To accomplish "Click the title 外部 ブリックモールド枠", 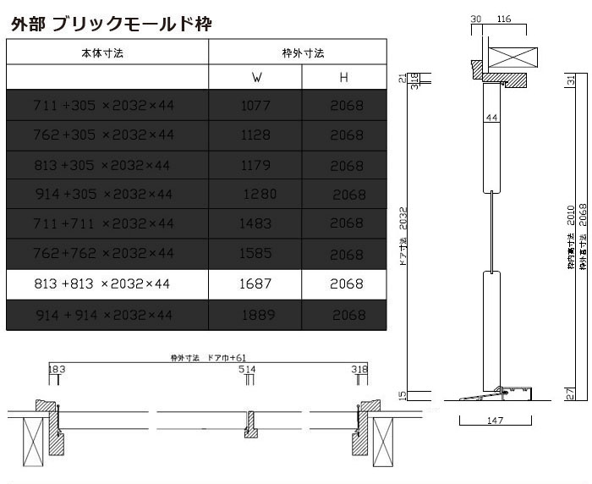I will click(111, 24).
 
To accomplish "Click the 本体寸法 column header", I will click(107, 52).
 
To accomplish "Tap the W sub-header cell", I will click(256, 78).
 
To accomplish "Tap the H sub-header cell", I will click(344, 78).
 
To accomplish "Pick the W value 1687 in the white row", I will click(256, 283).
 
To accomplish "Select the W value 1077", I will click(256, 106).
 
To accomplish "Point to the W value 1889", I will click(256, 315).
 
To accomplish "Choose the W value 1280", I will click(259, 194).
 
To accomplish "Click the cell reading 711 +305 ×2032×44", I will click(103, 106).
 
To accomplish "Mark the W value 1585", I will click(256, 254).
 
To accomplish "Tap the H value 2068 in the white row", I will click(347, 283).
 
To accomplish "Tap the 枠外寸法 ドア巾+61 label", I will click(207, 359).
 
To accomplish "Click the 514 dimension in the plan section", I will click(247, 370).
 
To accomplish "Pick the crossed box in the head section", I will click(513, 58).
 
